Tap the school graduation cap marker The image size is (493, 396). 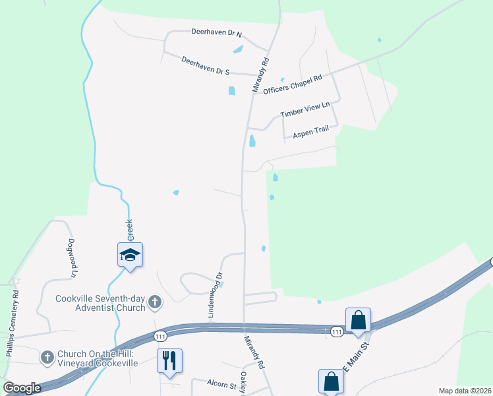click(x=130, y=255)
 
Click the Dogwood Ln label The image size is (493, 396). click(x=72, y=257)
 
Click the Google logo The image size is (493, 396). click(x=21, y=389)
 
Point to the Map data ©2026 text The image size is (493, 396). click(x=464, y=391)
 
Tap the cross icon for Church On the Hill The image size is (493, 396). click(x=47, y=358)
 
